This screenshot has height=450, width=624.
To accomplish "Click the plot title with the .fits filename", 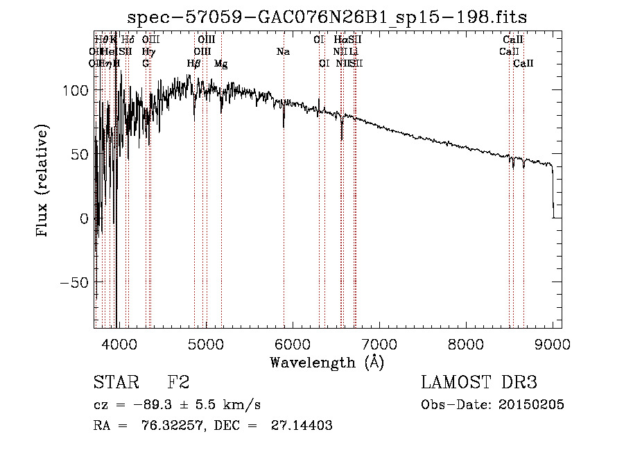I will tap(332, 17).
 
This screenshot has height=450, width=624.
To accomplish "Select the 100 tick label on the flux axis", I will tap(75, 90).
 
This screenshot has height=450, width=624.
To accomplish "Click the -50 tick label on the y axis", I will tap(72, 282).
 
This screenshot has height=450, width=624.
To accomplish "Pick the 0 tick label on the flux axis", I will tap(84, 218).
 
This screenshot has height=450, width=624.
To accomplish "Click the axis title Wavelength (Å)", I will tap(327, 362).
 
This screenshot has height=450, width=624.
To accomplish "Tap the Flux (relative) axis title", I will tap(43, 182).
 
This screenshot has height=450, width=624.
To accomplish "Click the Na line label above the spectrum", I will tap(283, 52).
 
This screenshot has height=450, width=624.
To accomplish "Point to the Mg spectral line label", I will tap(220, 64).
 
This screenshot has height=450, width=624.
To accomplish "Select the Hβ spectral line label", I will tap(194, 64).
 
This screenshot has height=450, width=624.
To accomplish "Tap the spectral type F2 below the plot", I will tap(178, 383).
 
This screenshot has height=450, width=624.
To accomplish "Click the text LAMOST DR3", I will tap(479, 383).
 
